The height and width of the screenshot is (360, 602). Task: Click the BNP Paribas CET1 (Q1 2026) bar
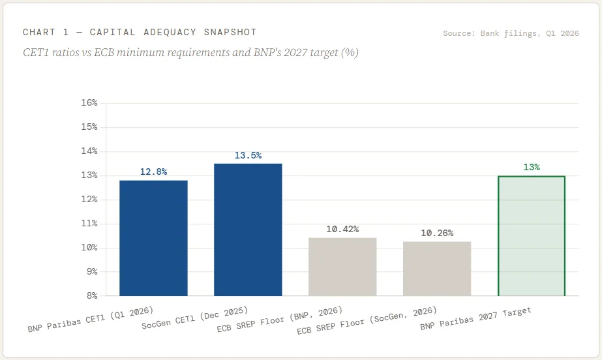pos(153,238)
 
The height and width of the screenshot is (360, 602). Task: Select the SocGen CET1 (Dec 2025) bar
pos(248,230)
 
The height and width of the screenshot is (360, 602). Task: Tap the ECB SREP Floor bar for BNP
pos(342,267)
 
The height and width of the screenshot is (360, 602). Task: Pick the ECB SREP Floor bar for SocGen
pos(437,269)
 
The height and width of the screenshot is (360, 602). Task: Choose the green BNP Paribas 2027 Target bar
pos(532,236)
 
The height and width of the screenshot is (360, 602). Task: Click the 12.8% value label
pos(153,172)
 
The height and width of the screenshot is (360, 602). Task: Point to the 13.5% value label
pos(248,155)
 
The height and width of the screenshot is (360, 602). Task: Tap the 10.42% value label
pos(342,229)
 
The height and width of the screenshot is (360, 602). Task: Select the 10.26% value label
pos(437,233)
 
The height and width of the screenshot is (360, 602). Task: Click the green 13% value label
pos(532,167)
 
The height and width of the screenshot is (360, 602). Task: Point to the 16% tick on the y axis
pos(89,103)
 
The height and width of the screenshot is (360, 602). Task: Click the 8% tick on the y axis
pos(92,295)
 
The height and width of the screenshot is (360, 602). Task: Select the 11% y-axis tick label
pos(89,223)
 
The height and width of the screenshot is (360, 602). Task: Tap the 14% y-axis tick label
pos(89,151)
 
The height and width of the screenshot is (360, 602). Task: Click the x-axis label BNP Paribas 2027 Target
pos(475,318)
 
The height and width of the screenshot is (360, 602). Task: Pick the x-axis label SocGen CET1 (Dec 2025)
pos(194,318)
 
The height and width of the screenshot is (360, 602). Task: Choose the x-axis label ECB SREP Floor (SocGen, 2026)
pos(367,320)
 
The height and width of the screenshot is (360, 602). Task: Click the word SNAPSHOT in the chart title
pos(230,32)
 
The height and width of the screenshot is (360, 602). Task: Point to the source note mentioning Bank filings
pos(511,33)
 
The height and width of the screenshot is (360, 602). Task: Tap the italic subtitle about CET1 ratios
pos(191,52)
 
